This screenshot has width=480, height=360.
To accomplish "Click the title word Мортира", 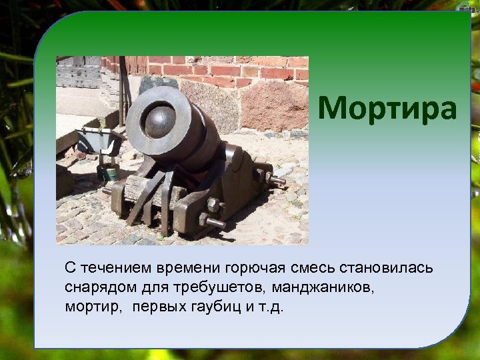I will [387, 109].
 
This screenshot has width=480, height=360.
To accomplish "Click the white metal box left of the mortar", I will [96, 141].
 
